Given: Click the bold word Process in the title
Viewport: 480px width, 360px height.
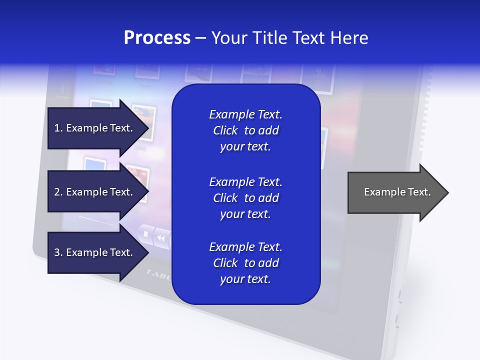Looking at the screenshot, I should click(x=157, y=38).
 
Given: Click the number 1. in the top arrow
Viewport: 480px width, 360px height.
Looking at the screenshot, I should click(x=58, y=128).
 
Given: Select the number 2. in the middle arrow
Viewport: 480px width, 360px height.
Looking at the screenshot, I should click(x=58, y=192).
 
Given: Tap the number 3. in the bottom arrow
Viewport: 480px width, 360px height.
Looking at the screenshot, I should click(x=58, y=252).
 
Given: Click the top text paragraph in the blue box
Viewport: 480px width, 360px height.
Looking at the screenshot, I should click(x=245, y=130).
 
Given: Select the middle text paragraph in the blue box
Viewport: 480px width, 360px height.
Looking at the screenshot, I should click(x=245, y=198).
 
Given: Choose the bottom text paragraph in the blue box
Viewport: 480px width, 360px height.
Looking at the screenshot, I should click(x=245, y=263).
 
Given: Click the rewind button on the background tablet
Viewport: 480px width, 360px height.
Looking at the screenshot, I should click(x=161, y=238).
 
